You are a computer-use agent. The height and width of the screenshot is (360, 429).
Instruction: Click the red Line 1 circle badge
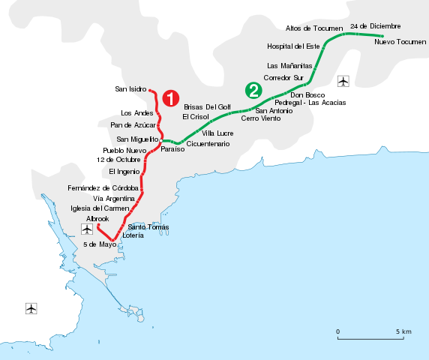171,98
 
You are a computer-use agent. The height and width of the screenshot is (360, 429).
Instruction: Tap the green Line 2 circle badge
253,90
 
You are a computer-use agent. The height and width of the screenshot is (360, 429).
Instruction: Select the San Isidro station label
130,89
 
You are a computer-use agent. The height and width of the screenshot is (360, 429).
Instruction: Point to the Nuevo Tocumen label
400,42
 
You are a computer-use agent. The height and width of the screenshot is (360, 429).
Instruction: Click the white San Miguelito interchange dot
161,140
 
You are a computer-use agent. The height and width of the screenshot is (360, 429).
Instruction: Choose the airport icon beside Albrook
87,229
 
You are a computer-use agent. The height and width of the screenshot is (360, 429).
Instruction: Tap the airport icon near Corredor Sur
343,81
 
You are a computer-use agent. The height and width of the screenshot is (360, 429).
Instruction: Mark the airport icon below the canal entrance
31,308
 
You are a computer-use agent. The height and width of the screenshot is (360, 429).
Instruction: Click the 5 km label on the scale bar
403,331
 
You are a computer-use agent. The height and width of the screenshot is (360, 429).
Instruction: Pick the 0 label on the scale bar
338,331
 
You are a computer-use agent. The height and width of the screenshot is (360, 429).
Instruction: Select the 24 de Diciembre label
375,26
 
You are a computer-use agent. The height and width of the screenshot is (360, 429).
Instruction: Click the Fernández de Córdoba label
103,188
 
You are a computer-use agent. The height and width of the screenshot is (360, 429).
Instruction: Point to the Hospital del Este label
293,46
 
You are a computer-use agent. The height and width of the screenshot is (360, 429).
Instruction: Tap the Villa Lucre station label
217,133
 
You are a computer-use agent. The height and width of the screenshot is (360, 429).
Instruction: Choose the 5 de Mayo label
100,244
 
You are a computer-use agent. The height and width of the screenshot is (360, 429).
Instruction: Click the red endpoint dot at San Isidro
150,90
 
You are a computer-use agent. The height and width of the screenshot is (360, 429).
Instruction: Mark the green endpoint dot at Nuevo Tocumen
382,36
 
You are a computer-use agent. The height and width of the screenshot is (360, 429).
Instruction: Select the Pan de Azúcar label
133,125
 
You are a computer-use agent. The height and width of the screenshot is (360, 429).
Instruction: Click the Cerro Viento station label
261,118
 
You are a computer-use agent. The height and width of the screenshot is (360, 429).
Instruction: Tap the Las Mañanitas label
289,66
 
